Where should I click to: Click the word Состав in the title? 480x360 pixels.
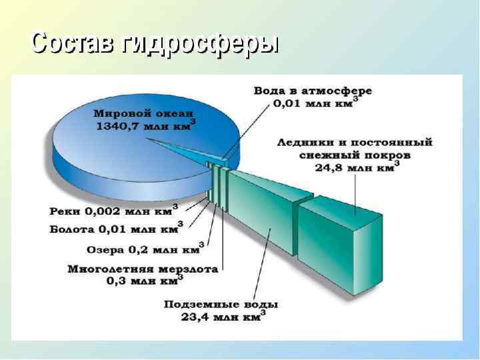[73, 43]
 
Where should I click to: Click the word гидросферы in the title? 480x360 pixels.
[200, 45]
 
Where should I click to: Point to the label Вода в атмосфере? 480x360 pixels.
[313, 90]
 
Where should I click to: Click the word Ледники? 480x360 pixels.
[299, 142]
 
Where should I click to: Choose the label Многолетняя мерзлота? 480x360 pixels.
[143, 269]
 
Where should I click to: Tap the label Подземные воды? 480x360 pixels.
[221, 304]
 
